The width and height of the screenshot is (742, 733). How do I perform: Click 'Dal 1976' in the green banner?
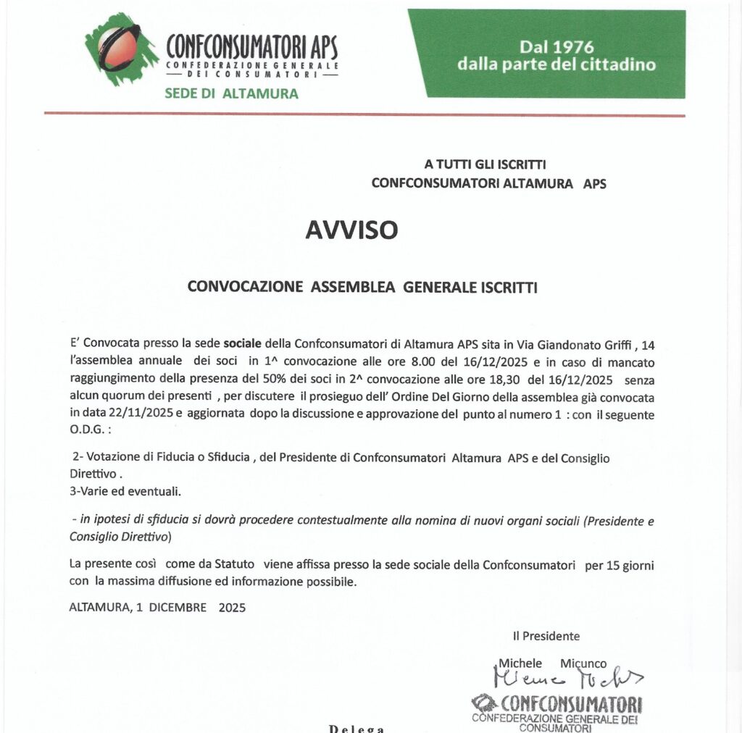(556, 48)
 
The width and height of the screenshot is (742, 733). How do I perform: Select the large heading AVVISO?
(351, 230)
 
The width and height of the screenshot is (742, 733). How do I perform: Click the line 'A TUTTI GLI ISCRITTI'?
(485, 165)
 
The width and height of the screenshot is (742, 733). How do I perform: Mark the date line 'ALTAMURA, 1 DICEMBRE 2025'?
(157, 608)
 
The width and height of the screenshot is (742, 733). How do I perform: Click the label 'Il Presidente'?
(546, 636)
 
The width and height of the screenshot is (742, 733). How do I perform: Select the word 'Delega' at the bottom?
(357, 727)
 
